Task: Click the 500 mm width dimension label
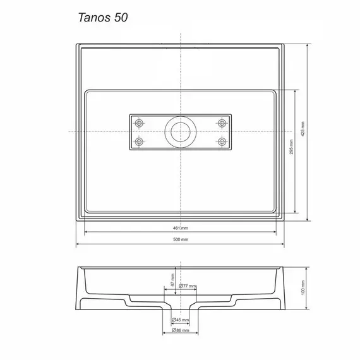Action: pos(181,239)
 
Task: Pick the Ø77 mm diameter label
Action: pos(188,286)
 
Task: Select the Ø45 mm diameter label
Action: pos(181,320)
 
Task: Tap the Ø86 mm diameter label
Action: pos(181,331)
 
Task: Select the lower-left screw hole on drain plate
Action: pos(140,141)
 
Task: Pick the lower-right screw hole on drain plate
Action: pos(222,141)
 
